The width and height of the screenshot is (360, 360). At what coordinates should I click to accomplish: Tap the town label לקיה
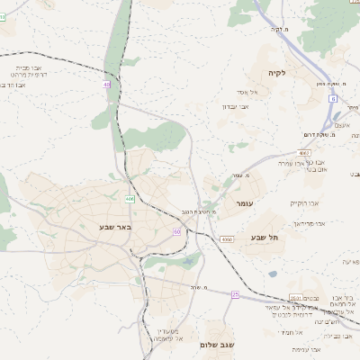[275, 73]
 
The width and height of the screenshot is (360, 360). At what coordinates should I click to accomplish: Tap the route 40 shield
[106, 85]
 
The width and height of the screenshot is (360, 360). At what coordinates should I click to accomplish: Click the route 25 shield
[235, 294]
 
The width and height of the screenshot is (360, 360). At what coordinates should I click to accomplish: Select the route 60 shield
[176, 232]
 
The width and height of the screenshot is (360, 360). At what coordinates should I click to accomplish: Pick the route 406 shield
[130, 199]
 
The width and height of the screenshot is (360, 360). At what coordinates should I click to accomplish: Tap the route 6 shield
[332, 98]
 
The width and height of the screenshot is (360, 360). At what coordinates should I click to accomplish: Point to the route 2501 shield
[293, 298]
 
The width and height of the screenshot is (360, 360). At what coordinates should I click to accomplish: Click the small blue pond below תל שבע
[273, 274]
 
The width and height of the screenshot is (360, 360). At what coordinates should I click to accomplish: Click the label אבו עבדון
[236, 106]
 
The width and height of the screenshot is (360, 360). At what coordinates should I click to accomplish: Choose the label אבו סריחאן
[307, 222]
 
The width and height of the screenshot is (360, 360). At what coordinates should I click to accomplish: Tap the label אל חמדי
[288, 333]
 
